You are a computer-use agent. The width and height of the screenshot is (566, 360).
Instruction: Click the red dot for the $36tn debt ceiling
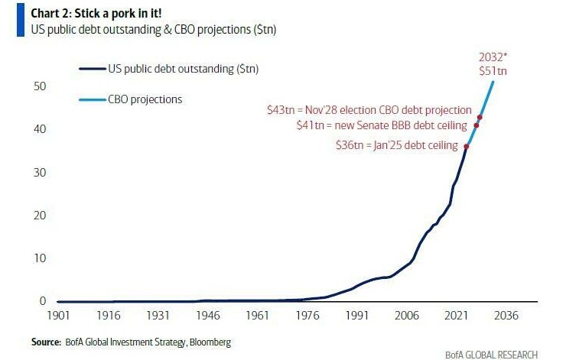[x=467, y=146]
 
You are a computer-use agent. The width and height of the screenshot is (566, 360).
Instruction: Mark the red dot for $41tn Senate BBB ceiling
[x=477, y=125]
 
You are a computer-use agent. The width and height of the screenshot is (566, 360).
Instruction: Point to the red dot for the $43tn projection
[x=480, y=117]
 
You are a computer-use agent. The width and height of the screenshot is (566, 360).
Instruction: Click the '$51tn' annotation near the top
[x=493, y=70]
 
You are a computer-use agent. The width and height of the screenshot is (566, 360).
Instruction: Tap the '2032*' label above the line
[x=493, y=57]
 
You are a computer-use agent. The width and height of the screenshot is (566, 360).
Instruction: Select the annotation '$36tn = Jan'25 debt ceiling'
[x=397, y=145]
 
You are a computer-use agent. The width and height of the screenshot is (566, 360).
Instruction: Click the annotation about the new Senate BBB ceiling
[x=382, y=125]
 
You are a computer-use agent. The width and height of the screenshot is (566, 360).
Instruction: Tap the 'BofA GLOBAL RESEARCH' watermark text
[x=492, y=354]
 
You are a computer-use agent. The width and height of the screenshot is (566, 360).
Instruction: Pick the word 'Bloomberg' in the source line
[x=206, y=341]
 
